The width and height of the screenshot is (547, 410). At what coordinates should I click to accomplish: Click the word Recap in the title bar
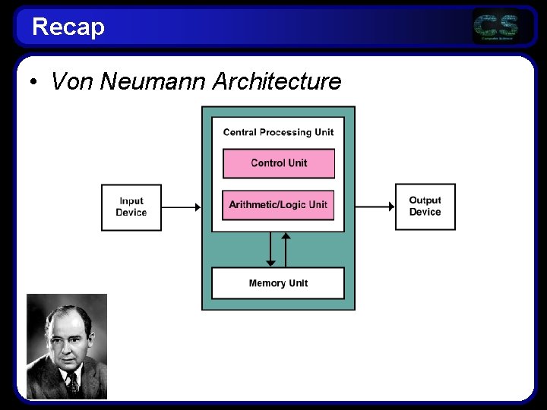click(68, 27)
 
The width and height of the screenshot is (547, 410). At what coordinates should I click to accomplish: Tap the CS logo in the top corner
click(496, 27)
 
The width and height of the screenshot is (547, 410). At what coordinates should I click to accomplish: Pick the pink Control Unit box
click(278, 163)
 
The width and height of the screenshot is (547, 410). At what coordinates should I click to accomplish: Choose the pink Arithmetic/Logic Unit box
click(278, 205)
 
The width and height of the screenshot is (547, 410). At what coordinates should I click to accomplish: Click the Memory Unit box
click(278, 283)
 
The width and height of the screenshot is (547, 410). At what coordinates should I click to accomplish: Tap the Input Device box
click(131, 207)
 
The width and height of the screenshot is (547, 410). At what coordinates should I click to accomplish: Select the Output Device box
click(425, 206)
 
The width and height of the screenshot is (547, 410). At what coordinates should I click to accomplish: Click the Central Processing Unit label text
click(278, 132)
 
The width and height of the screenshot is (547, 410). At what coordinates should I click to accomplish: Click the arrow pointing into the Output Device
click(375, 206)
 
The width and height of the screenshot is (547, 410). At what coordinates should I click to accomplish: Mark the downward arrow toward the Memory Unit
click(270, 250)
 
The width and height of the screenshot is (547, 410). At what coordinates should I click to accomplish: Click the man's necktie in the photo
click(71, 382)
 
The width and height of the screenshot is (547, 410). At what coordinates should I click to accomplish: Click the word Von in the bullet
click(66, 81)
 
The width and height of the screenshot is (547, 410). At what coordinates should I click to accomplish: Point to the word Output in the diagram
click(425, 200)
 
